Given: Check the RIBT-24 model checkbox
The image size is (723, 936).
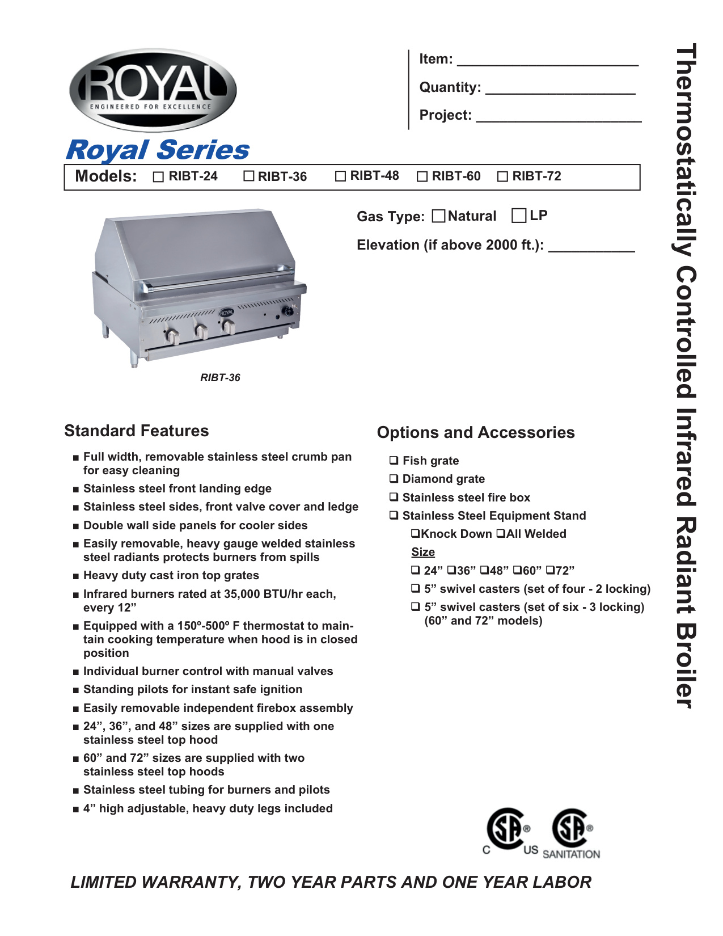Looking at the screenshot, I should [x=158, y=177].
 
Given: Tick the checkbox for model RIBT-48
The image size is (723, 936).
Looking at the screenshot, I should [x=340, y=176].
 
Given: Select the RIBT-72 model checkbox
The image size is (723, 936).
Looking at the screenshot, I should [x=502, y=177].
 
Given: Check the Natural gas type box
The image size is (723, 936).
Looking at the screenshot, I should [x=438, y=216].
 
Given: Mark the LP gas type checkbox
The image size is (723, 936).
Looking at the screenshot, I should [x=518, y=216].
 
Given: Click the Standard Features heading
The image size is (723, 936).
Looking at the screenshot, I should [x=137, y=431].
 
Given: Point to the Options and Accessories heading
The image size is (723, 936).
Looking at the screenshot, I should [x=476, y=433].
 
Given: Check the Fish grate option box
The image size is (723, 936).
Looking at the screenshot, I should [x=394, y=461].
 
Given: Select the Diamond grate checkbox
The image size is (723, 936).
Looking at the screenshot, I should [x=394, y=479].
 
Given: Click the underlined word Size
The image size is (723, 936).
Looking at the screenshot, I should [x=423, y=553].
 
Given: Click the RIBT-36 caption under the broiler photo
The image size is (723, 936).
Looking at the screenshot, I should [x=220, y=378].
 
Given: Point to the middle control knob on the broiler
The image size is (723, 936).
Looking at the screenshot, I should [x=201, y=331].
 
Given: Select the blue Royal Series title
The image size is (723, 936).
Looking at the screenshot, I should [x=158, y=150].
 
